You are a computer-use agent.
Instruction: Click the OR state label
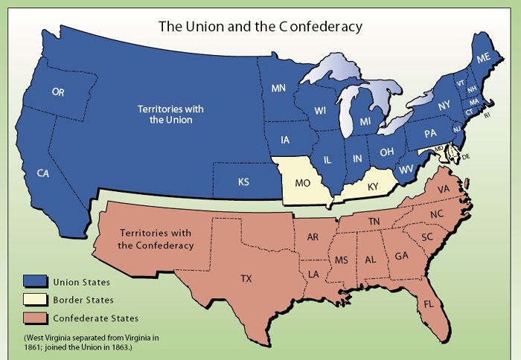tap(58, 92)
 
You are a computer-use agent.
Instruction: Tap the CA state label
tap(44, 173)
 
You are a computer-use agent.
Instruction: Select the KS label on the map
tap(243, 181)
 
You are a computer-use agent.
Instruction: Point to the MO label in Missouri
tap(302, 182)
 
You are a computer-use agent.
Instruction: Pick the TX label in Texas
tap(246, 279)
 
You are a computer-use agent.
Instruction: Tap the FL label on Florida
tap(448, 305)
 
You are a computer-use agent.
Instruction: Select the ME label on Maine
tap(484, 58)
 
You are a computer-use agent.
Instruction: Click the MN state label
tap(278, 89)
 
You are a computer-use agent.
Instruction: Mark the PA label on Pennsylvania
tap(430, 134)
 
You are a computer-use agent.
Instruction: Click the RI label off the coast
tap(488, 115)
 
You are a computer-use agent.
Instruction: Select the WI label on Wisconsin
tap(320, 111)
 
